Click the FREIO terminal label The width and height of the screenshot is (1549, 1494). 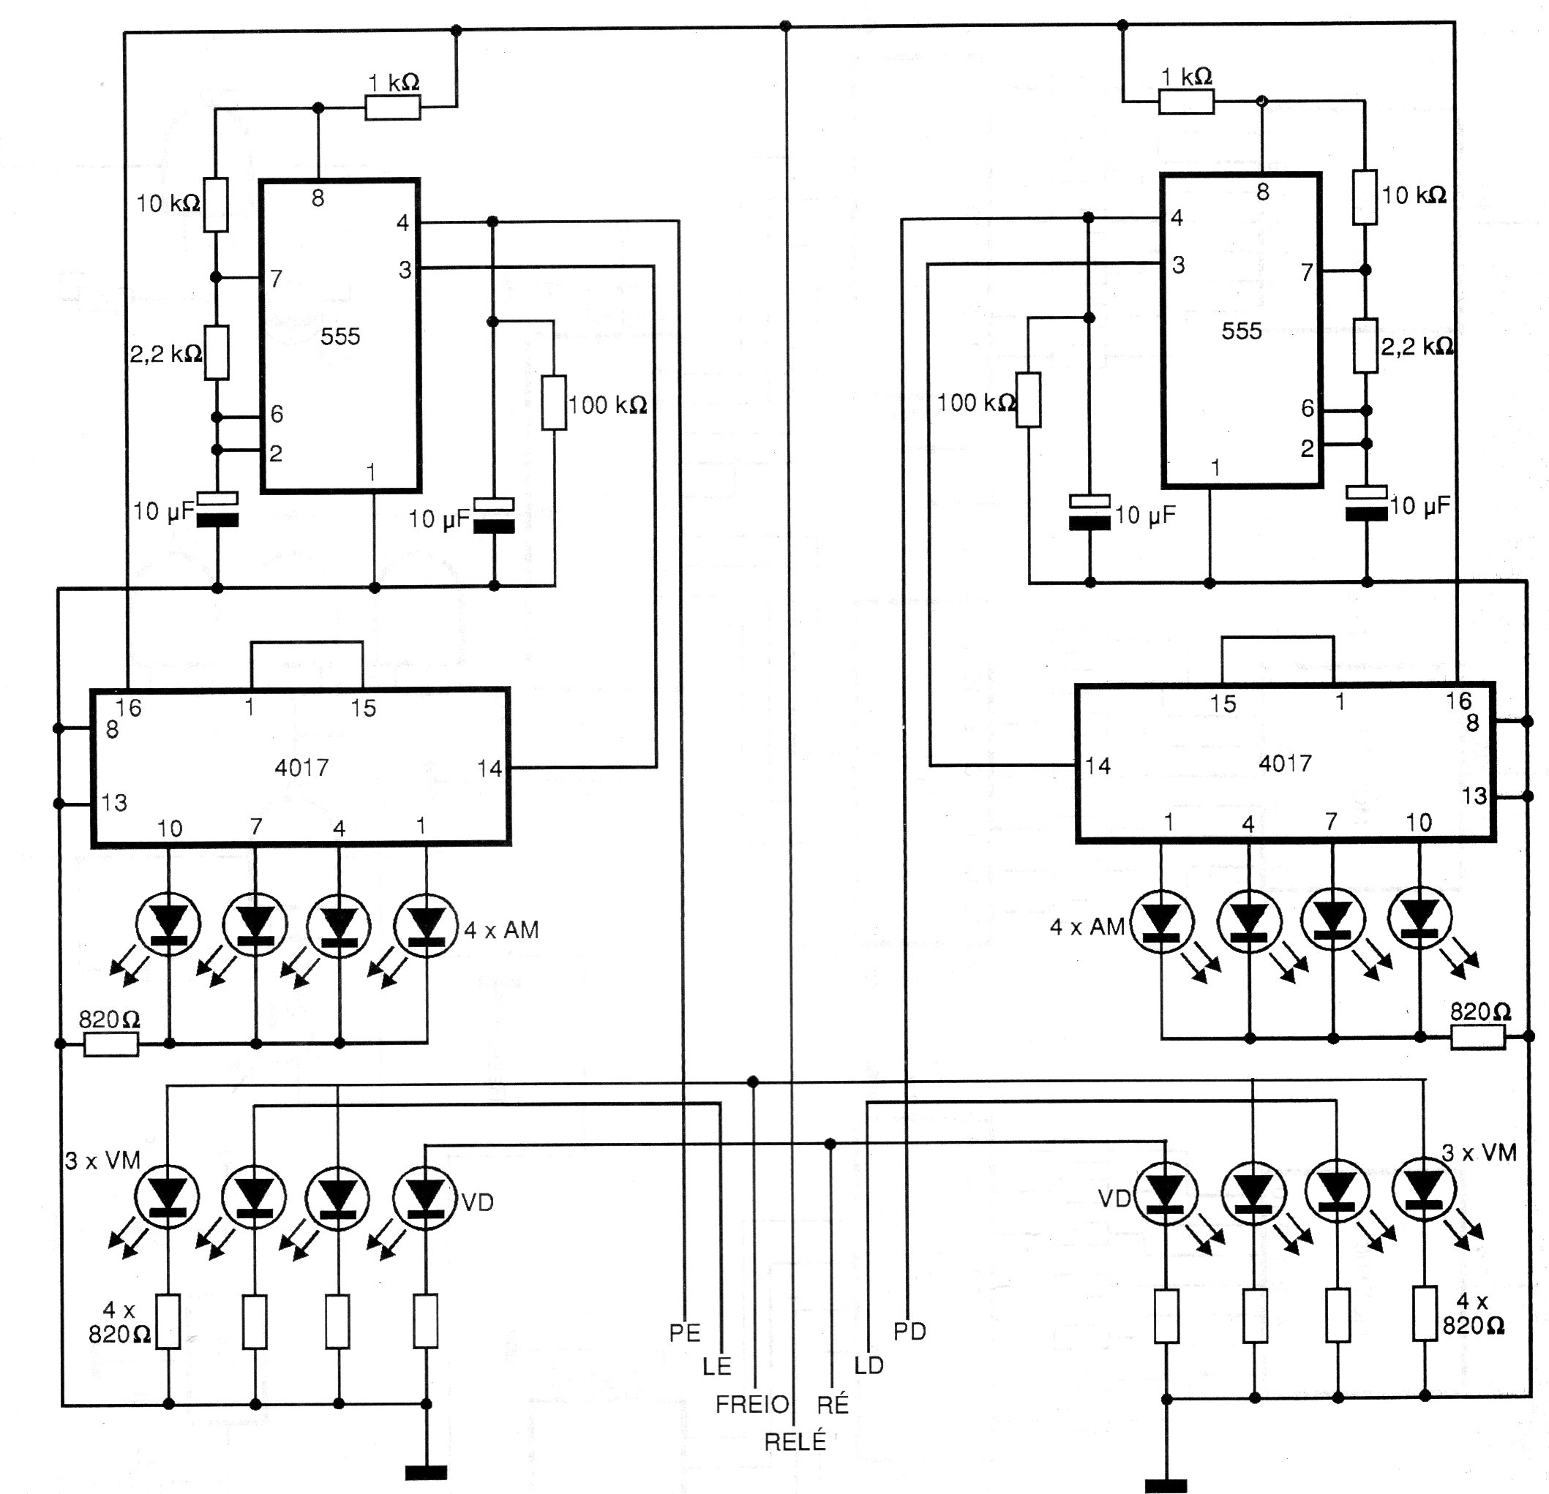coord(751,1404)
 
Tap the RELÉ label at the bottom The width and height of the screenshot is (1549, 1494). coord(795,1441)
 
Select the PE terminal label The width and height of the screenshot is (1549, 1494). coord(684,1333)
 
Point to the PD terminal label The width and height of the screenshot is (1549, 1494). coord(909,1331)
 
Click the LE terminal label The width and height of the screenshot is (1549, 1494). coord(717,1366)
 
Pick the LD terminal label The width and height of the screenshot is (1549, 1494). coord(869,1365)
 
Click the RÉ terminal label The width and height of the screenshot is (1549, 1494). coord(832,1404)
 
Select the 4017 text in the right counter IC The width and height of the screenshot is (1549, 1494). coord(1284,763)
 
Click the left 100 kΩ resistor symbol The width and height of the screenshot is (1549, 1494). coord(553,403)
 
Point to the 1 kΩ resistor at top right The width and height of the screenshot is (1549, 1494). coord(1185,101)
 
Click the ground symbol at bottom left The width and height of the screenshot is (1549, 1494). coord(426,1472)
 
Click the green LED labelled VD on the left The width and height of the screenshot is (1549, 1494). coord(426,1197)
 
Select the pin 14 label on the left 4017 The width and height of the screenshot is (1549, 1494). coord(490,768)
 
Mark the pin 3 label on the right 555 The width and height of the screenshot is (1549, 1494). coord(1178,265)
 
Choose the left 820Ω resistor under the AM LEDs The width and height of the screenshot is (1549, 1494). coord(110,1044)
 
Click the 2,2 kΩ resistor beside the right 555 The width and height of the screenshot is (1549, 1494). coord(1365,345)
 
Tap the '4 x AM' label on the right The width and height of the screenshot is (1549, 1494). coord(1086,927)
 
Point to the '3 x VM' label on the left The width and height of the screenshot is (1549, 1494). coord(102,1160)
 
